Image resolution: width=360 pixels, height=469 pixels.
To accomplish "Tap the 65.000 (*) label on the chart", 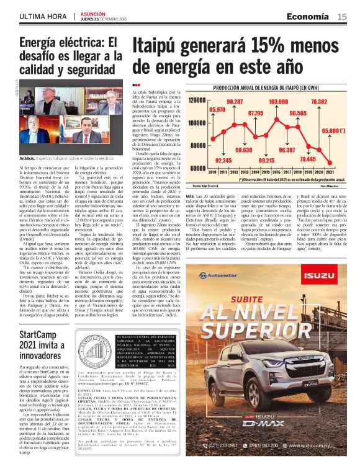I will tap(334, 131).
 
